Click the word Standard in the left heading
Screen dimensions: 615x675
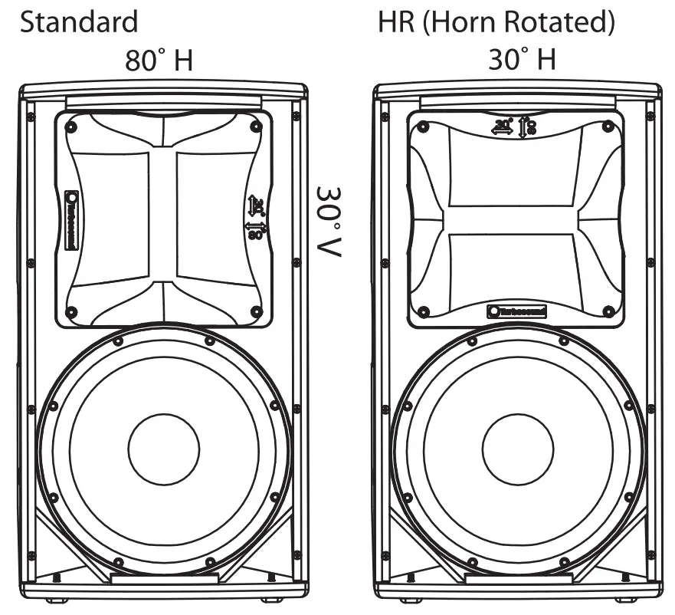[x=79, y=21]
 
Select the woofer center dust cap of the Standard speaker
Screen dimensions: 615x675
[x=163, y=451]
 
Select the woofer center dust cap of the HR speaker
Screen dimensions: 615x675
[x=518, y=451]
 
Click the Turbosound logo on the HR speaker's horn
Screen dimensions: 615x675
[x=517, y=311]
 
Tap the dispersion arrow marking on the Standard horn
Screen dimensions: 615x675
[x=256, y=217]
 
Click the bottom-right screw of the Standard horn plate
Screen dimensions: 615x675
[x=256, y=312]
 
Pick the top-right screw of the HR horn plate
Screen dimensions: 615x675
[x=608, y=125]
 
